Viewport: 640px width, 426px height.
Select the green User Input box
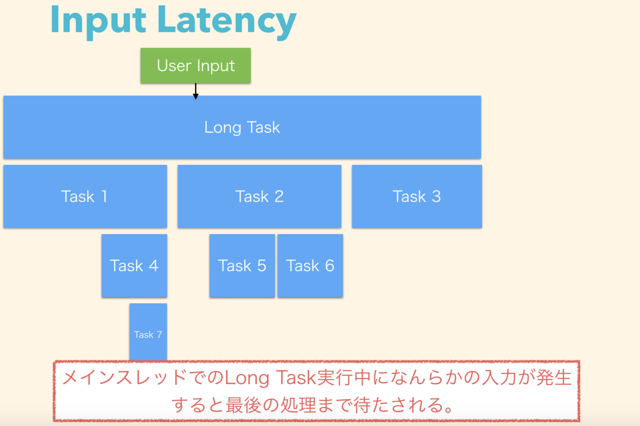point(196,66)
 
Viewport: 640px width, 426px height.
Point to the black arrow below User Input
point(196,91)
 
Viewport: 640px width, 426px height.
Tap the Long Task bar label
point(242,127)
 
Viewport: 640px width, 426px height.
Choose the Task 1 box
point(85,196)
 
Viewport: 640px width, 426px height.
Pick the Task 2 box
point(259,196)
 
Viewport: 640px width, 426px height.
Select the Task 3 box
point(417,196)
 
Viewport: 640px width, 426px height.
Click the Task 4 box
point(134,266)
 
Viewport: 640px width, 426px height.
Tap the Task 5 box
point(242,266)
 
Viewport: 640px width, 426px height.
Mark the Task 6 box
point(310,266)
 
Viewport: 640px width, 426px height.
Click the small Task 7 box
point(148,332)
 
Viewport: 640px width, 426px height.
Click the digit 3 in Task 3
point(436,196)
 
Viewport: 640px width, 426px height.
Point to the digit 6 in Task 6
point(330,266)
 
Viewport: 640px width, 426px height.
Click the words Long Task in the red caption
point(270,378)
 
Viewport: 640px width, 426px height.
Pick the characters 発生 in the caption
point(554,377)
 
